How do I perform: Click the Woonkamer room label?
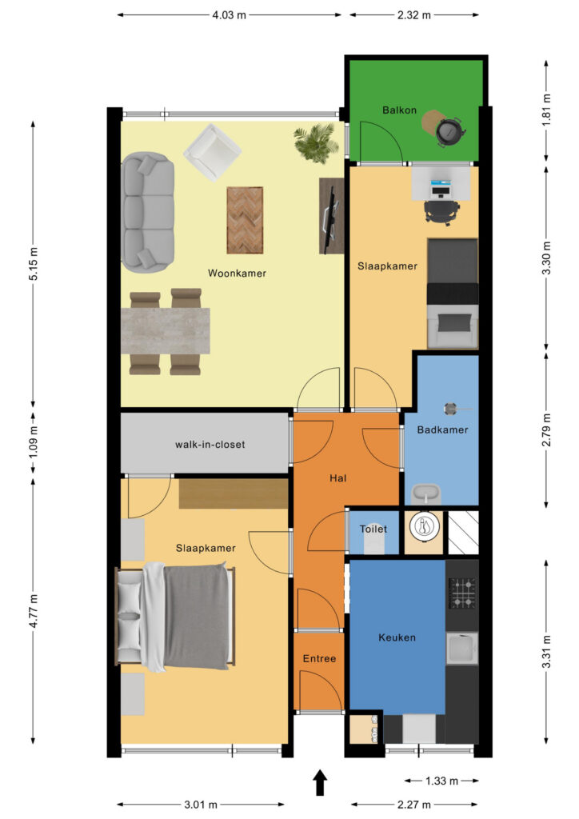pyautogui.click(x=237, y=274)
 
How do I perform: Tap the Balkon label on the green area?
pyautogui.click(x=399, y=110)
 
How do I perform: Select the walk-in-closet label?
pyautogui.click(x=210, y=445)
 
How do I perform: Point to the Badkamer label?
pyautogui.click(x=442, y=429)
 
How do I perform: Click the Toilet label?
pyautogui.click(x=373, y=529)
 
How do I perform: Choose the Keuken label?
pyautogui.click(x=397, y=637)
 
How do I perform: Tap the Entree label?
pyautogui.click(x=320, y=659)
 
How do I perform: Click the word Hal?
pyautogui.click(x=337, y=478)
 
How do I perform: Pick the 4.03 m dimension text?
pyautogui.click(x=229, y=15)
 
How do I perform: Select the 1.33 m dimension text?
pyautogui.click(x=441, y=781)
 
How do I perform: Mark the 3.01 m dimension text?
pyautogui.click(x=201, y=805)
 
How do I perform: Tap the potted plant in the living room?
pyautogui.click(x=315, y=142)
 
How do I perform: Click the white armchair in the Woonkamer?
pyautogui.click(x=212, y=151)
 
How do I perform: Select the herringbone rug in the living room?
pyautogui.click(x=245, y=220)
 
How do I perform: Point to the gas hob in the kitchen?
pyautogui.click(x=462, y=593)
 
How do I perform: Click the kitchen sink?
pyautogui.click(x=462, y=648)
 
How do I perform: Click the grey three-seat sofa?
pyautogui.click(x=148, y=212)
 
